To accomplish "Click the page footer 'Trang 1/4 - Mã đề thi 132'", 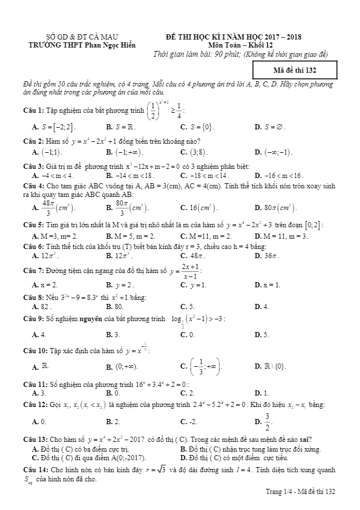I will click(x=300, y=492).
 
